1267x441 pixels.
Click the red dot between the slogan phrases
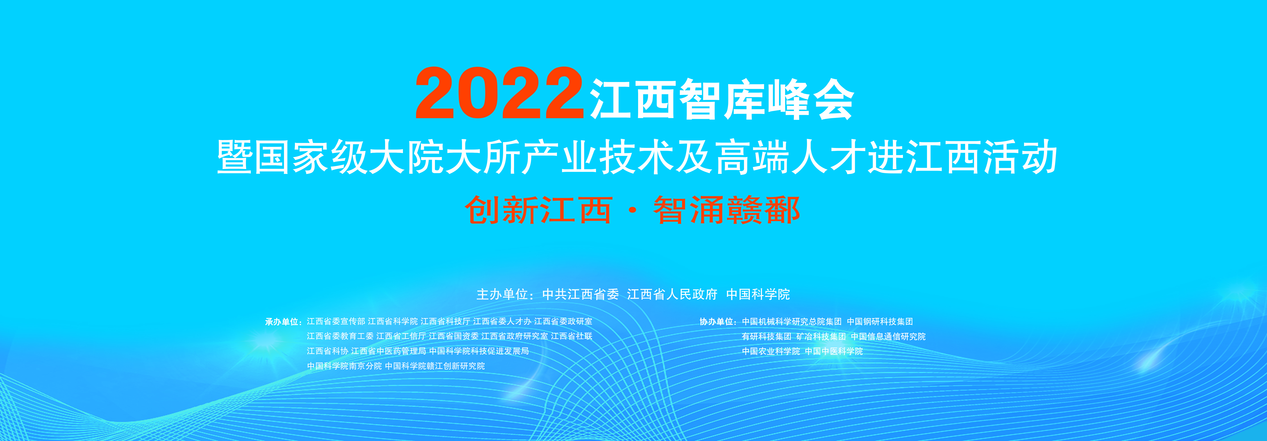coord(632,210)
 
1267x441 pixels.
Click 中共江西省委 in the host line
coord(580,294)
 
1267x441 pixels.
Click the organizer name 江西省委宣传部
coord(336,321)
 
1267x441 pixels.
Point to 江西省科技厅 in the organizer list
coord(445,321)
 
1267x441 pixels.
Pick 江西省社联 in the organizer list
coord(571,336)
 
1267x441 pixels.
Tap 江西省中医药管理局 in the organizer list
coord(389,351)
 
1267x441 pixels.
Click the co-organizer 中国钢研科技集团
coord(880,321)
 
